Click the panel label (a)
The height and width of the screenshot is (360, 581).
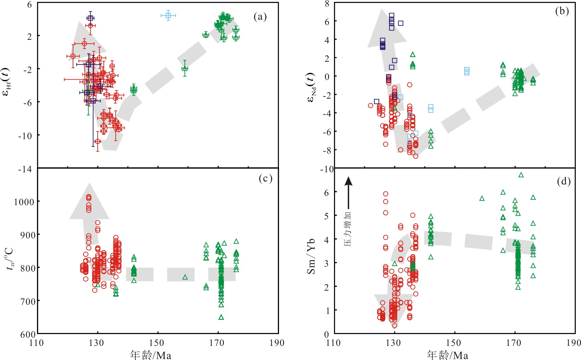[x=260, y=17]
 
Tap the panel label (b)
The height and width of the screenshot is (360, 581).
[x=562, y=11]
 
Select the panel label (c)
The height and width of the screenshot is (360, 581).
[x=265, y=178]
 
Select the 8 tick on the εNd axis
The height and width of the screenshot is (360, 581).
[x=327, y=3]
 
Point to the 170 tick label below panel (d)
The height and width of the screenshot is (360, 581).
[x=515, y=343]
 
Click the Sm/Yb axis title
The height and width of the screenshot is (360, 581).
[x=311, y=255]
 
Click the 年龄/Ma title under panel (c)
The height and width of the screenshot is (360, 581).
[x=151, y=355]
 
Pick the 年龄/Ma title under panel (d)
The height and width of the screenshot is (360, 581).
[x=448, y=355]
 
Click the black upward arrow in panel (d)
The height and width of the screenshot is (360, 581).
[x=349, y=194]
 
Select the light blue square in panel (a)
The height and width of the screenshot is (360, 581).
[x=168, y=15]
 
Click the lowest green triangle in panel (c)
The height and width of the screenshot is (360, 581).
[x=221, y=317]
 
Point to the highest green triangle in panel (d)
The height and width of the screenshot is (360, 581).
[x=521, y=175]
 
